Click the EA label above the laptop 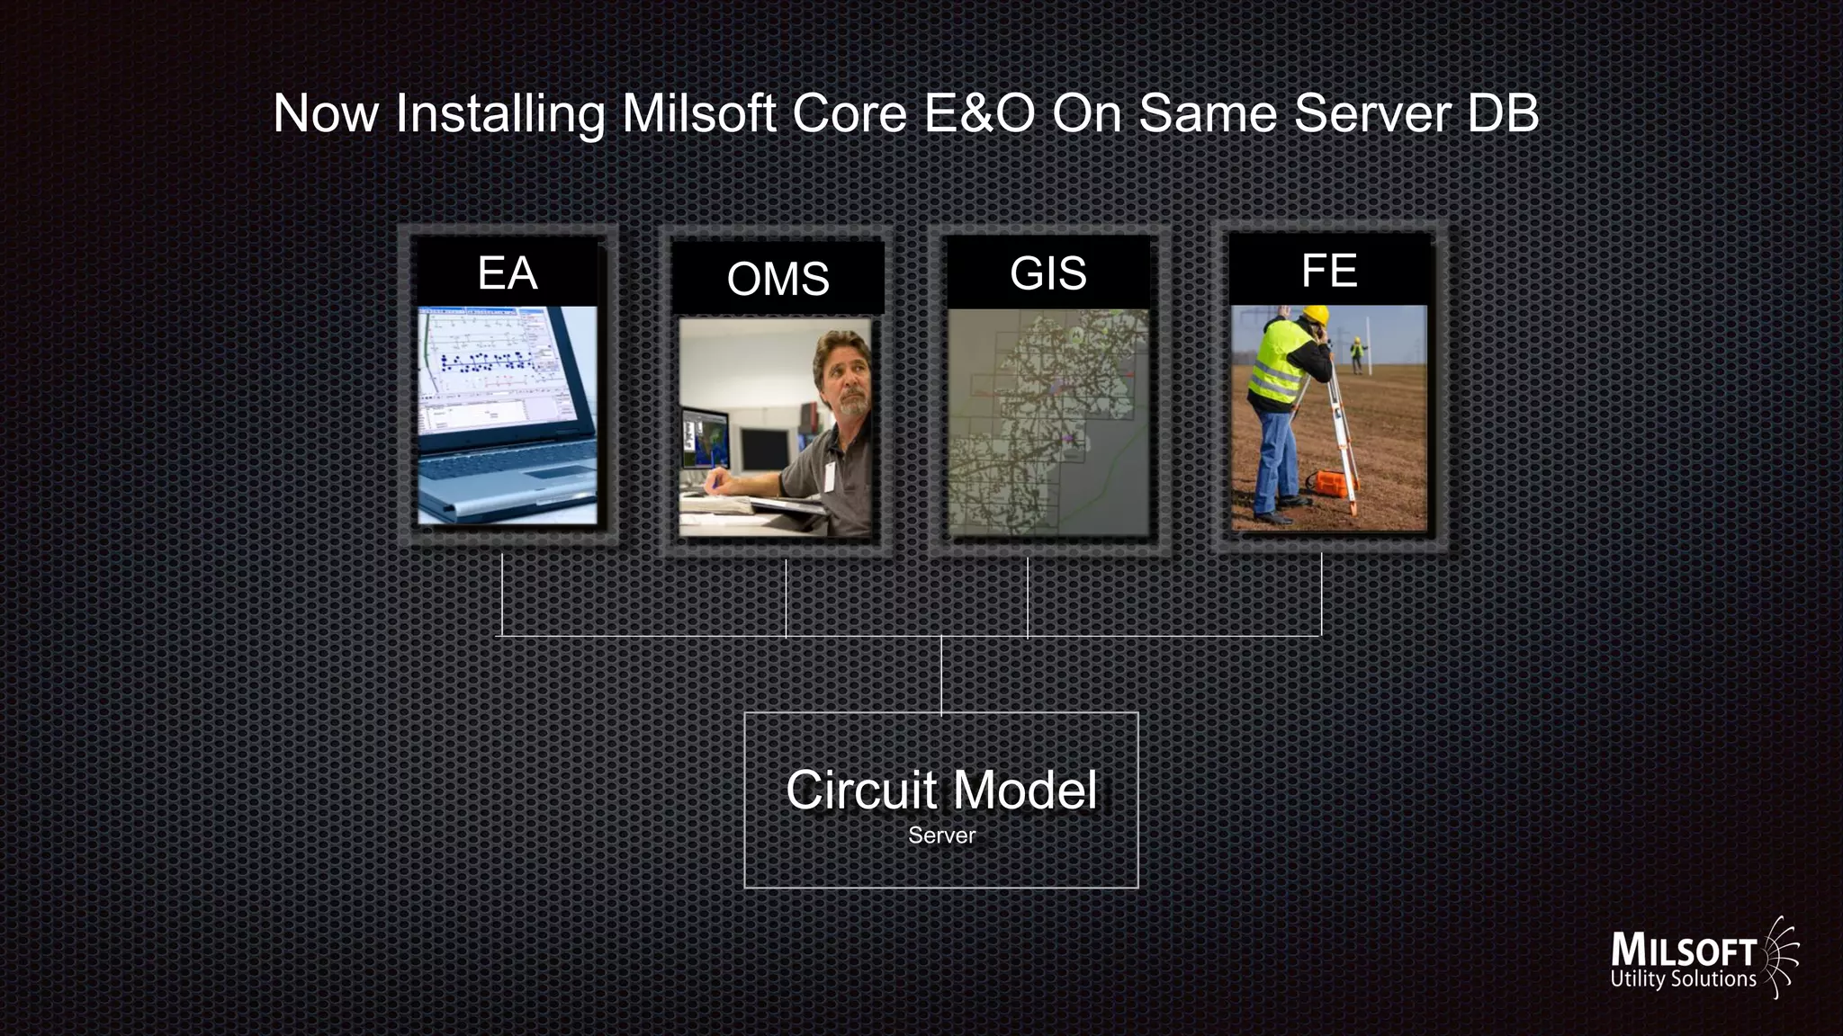(508, 273)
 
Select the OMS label (778, 279)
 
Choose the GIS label (1048, 273)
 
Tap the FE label (1329, 271)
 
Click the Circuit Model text (941, 790)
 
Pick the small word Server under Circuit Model (941, 835)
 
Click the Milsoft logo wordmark (1683, 951)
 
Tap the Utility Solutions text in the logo (1683, 979)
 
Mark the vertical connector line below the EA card (502, 594)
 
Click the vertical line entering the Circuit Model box (941, 674)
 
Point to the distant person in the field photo (1356, 354)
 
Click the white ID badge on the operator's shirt (829, 476)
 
